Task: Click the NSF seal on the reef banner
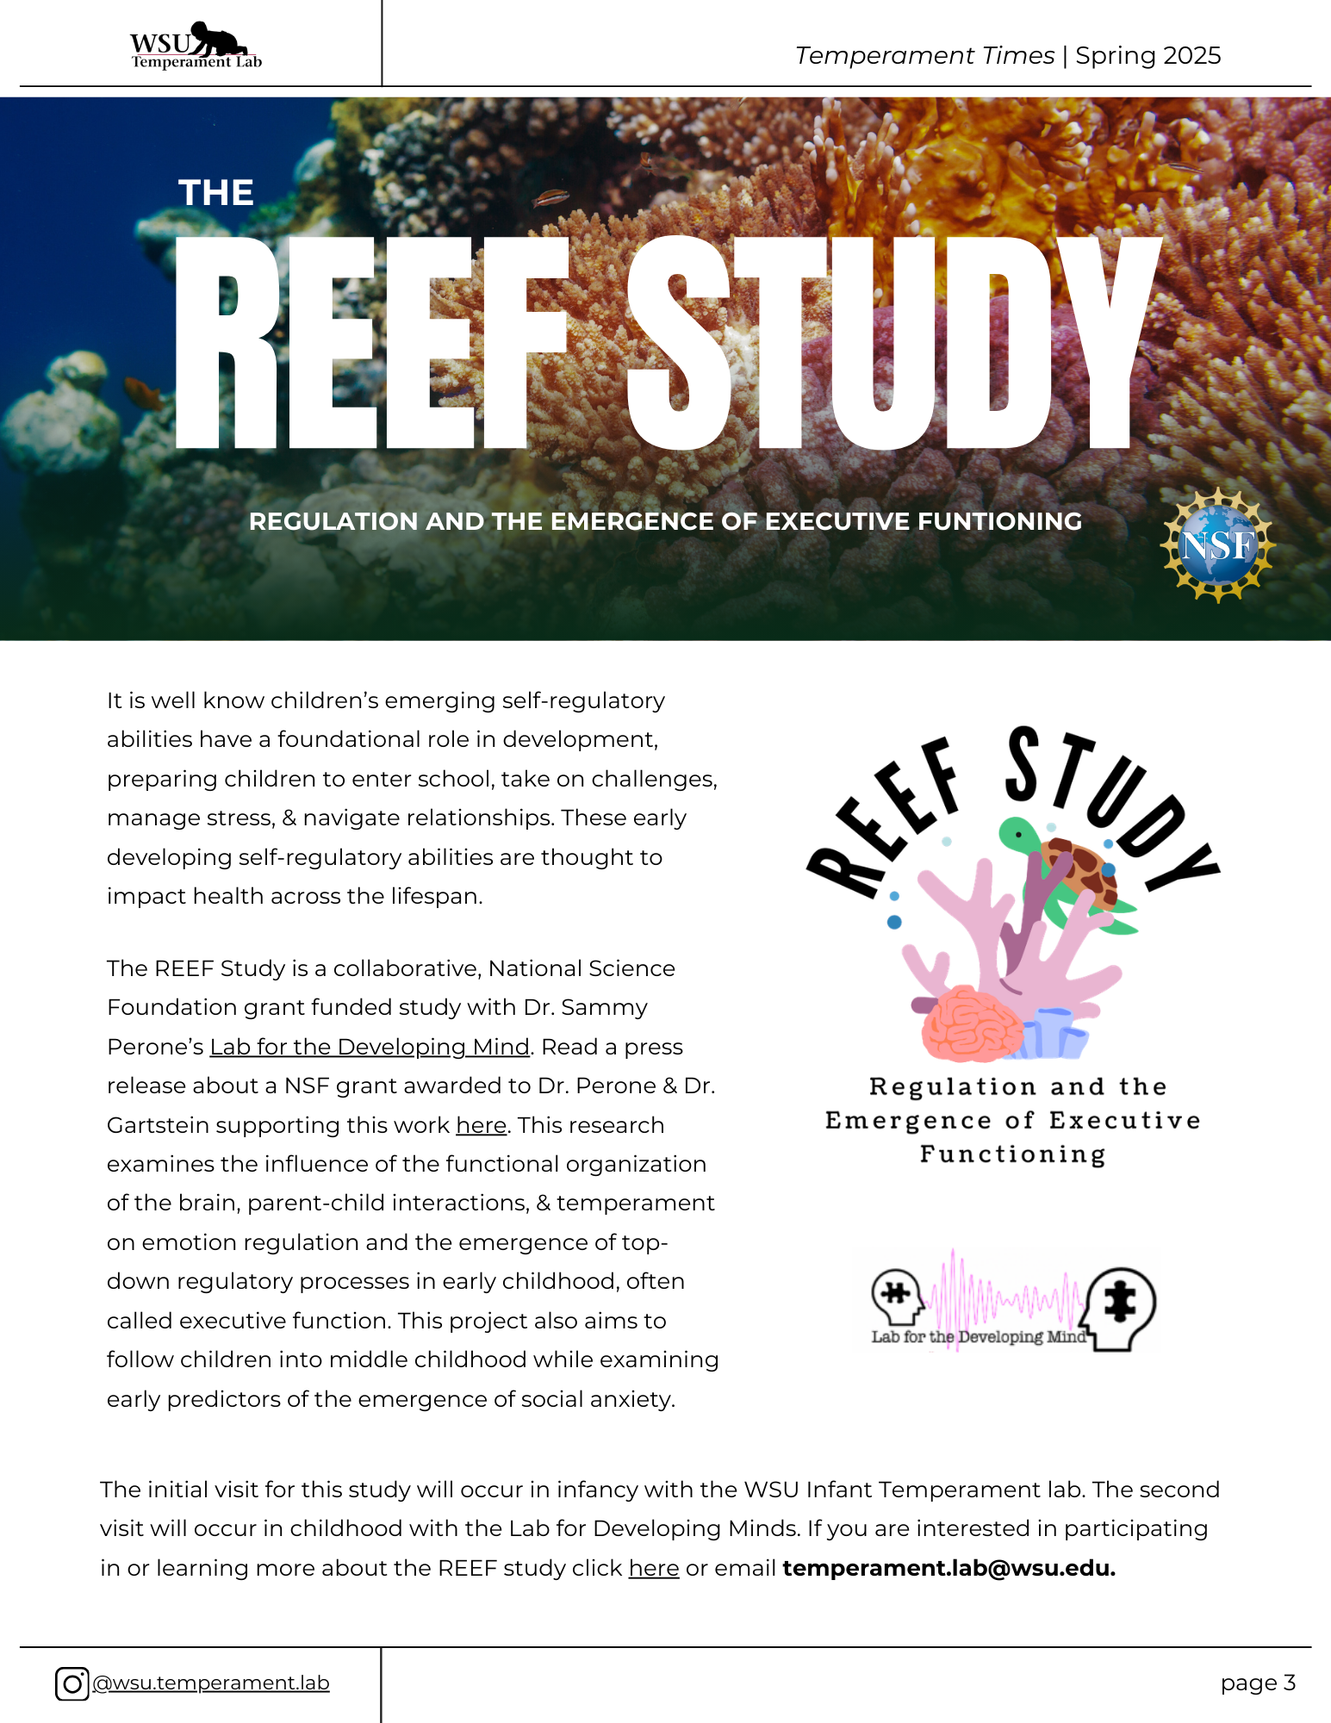tap(1216, 545)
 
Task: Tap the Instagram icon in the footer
tap(72, 1683)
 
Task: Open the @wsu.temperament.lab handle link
tap(211, 1683)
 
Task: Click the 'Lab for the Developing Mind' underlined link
tap(370, 1047)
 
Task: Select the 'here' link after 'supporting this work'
tap(481, 1125)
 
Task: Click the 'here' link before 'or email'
tap(654, 1568)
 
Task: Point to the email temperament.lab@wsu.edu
tap(948, 1568)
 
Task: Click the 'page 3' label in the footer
tap(1258, 1683)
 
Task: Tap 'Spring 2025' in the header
tap(1148, 56)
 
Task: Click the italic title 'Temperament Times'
tap(924, 56)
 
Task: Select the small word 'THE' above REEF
tap(215, 193)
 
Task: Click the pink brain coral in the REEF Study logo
tap(972, 1023)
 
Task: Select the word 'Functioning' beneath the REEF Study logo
tap(1013, 1154)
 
